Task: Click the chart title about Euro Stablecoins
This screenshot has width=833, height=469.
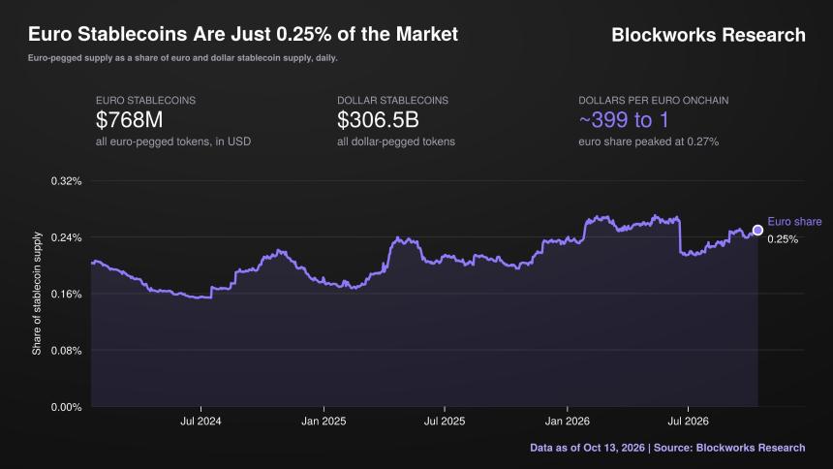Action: coord(243,34)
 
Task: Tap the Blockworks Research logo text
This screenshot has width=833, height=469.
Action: coord(708,35)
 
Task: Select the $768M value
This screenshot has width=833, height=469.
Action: coord(129,119)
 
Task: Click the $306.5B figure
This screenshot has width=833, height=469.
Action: coord(378,119)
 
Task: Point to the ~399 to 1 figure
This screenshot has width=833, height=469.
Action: coord(624,119)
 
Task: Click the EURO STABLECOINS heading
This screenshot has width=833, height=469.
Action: coord(145,100)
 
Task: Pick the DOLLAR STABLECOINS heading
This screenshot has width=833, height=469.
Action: coord(392,100)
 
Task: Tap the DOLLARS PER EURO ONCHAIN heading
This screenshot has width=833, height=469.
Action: coord(654,100)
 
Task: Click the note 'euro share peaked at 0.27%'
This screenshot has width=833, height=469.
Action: coord(649,141)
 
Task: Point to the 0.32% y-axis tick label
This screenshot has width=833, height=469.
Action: coord(67,181)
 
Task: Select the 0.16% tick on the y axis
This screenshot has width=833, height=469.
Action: coord(67,294)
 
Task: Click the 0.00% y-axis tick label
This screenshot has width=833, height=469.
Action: coord(67,407)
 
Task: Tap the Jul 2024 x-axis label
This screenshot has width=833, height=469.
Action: coord(201,422)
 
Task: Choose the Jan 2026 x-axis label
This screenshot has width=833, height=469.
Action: coord(568,422)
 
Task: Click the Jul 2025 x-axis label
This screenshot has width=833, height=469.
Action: coord(445,422)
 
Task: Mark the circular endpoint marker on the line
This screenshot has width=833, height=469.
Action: coord(757,231)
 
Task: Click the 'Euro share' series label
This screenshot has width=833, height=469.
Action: coord(794,221)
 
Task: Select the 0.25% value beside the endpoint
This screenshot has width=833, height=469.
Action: coord(783,239)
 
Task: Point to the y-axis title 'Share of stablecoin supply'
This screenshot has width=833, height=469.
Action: coord(37,294)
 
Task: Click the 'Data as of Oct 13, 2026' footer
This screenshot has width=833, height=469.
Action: coord(587,448)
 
